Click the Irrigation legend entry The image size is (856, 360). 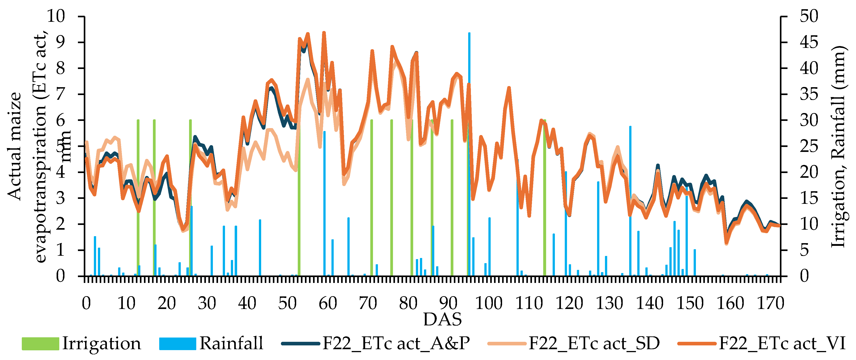82,343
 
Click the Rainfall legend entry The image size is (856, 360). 211,343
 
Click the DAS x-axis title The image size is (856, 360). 442,319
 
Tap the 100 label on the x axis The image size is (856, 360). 488,303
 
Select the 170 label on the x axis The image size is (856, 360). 770,303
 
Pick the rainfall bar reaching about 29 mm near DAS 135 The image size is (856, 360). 630,200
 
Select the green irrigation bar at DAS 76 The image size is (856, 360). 391,200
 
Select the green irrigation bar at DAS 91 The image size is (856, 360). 452,200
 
